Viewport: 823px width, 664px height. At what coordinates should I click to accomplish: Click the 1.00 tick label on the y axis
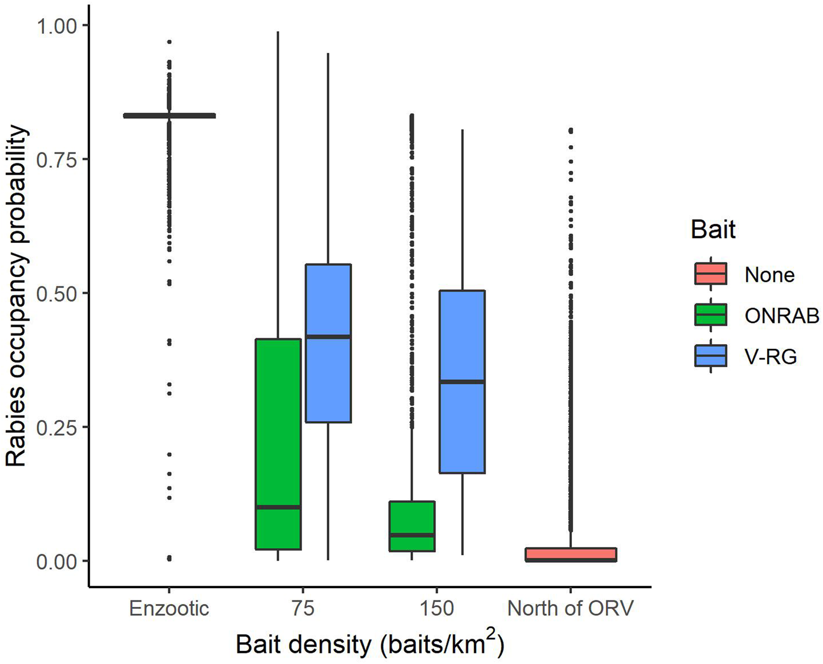[x=56, y=26]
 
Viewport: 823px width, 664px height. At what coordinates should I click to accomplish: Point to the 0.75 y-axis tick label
[x=56, y=159]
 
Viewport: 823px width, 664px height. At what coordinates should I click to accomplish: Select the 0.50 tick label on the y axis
[x=56, y=293]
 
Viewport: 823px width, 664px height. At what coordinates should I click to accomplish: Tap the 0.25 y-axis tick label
[x=56, y=428]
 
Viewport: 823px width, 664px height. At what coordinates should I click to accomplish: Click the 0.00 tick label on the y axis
[x=56, y=562]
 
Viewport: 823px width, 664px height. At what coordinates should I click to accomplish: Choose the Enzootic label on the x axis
[x=169, y=608]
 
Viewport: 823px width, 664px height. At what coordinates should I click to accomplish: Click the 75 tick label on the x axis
[x=302, y=608]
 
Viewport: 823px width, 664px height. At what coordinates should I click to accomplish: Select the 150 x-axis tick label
[x=436, y=608]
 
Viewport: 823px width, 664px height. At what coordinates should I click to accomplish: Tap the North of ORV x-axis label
[x=570, y=608]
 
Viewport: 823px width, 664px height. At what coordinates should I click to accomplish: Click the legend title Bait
[x=712, y=229]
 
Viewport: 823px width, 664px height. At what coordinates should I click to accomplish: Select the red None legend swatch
[x=711, y=274]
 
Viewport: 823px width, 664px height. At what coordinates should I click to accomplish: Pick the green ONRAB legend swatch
[x=711, y=315]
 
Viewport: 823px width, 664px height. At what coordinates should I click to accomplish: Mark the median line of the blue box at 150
[x=462, y=382]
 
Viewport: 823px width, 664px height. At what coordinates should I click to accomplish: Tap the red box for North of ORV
[x=570, y=554]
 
